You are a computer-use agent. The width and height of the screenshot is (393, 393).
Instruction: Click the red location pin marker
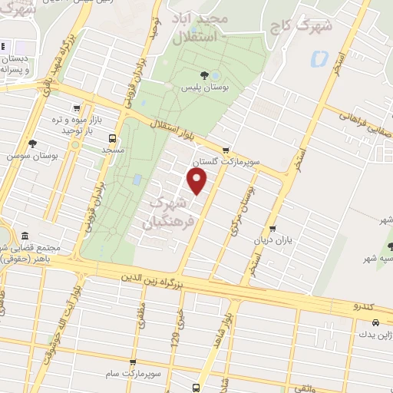(x=197, y=182)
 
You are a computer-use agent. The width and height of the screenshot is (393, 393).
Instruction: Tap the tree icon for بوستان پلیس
(x=204, y=74)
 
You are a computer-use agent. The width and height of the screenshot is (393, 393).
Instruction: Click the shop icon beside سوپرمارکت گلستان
(x=225, y=150)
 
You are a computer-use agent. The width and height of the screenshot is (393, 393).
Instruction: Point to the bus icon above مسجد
(x=113, y=139)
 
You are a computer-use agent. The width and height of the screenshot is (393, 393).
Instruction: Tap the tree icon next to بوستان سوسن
(x=31, y=144)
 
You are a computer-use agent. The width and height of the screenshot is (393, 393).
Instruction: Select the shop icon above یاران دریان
(x=273, y=229)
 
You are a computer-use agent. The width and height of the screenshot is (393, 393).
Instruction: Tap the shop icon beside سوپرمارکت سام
(x=133, y=360)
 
